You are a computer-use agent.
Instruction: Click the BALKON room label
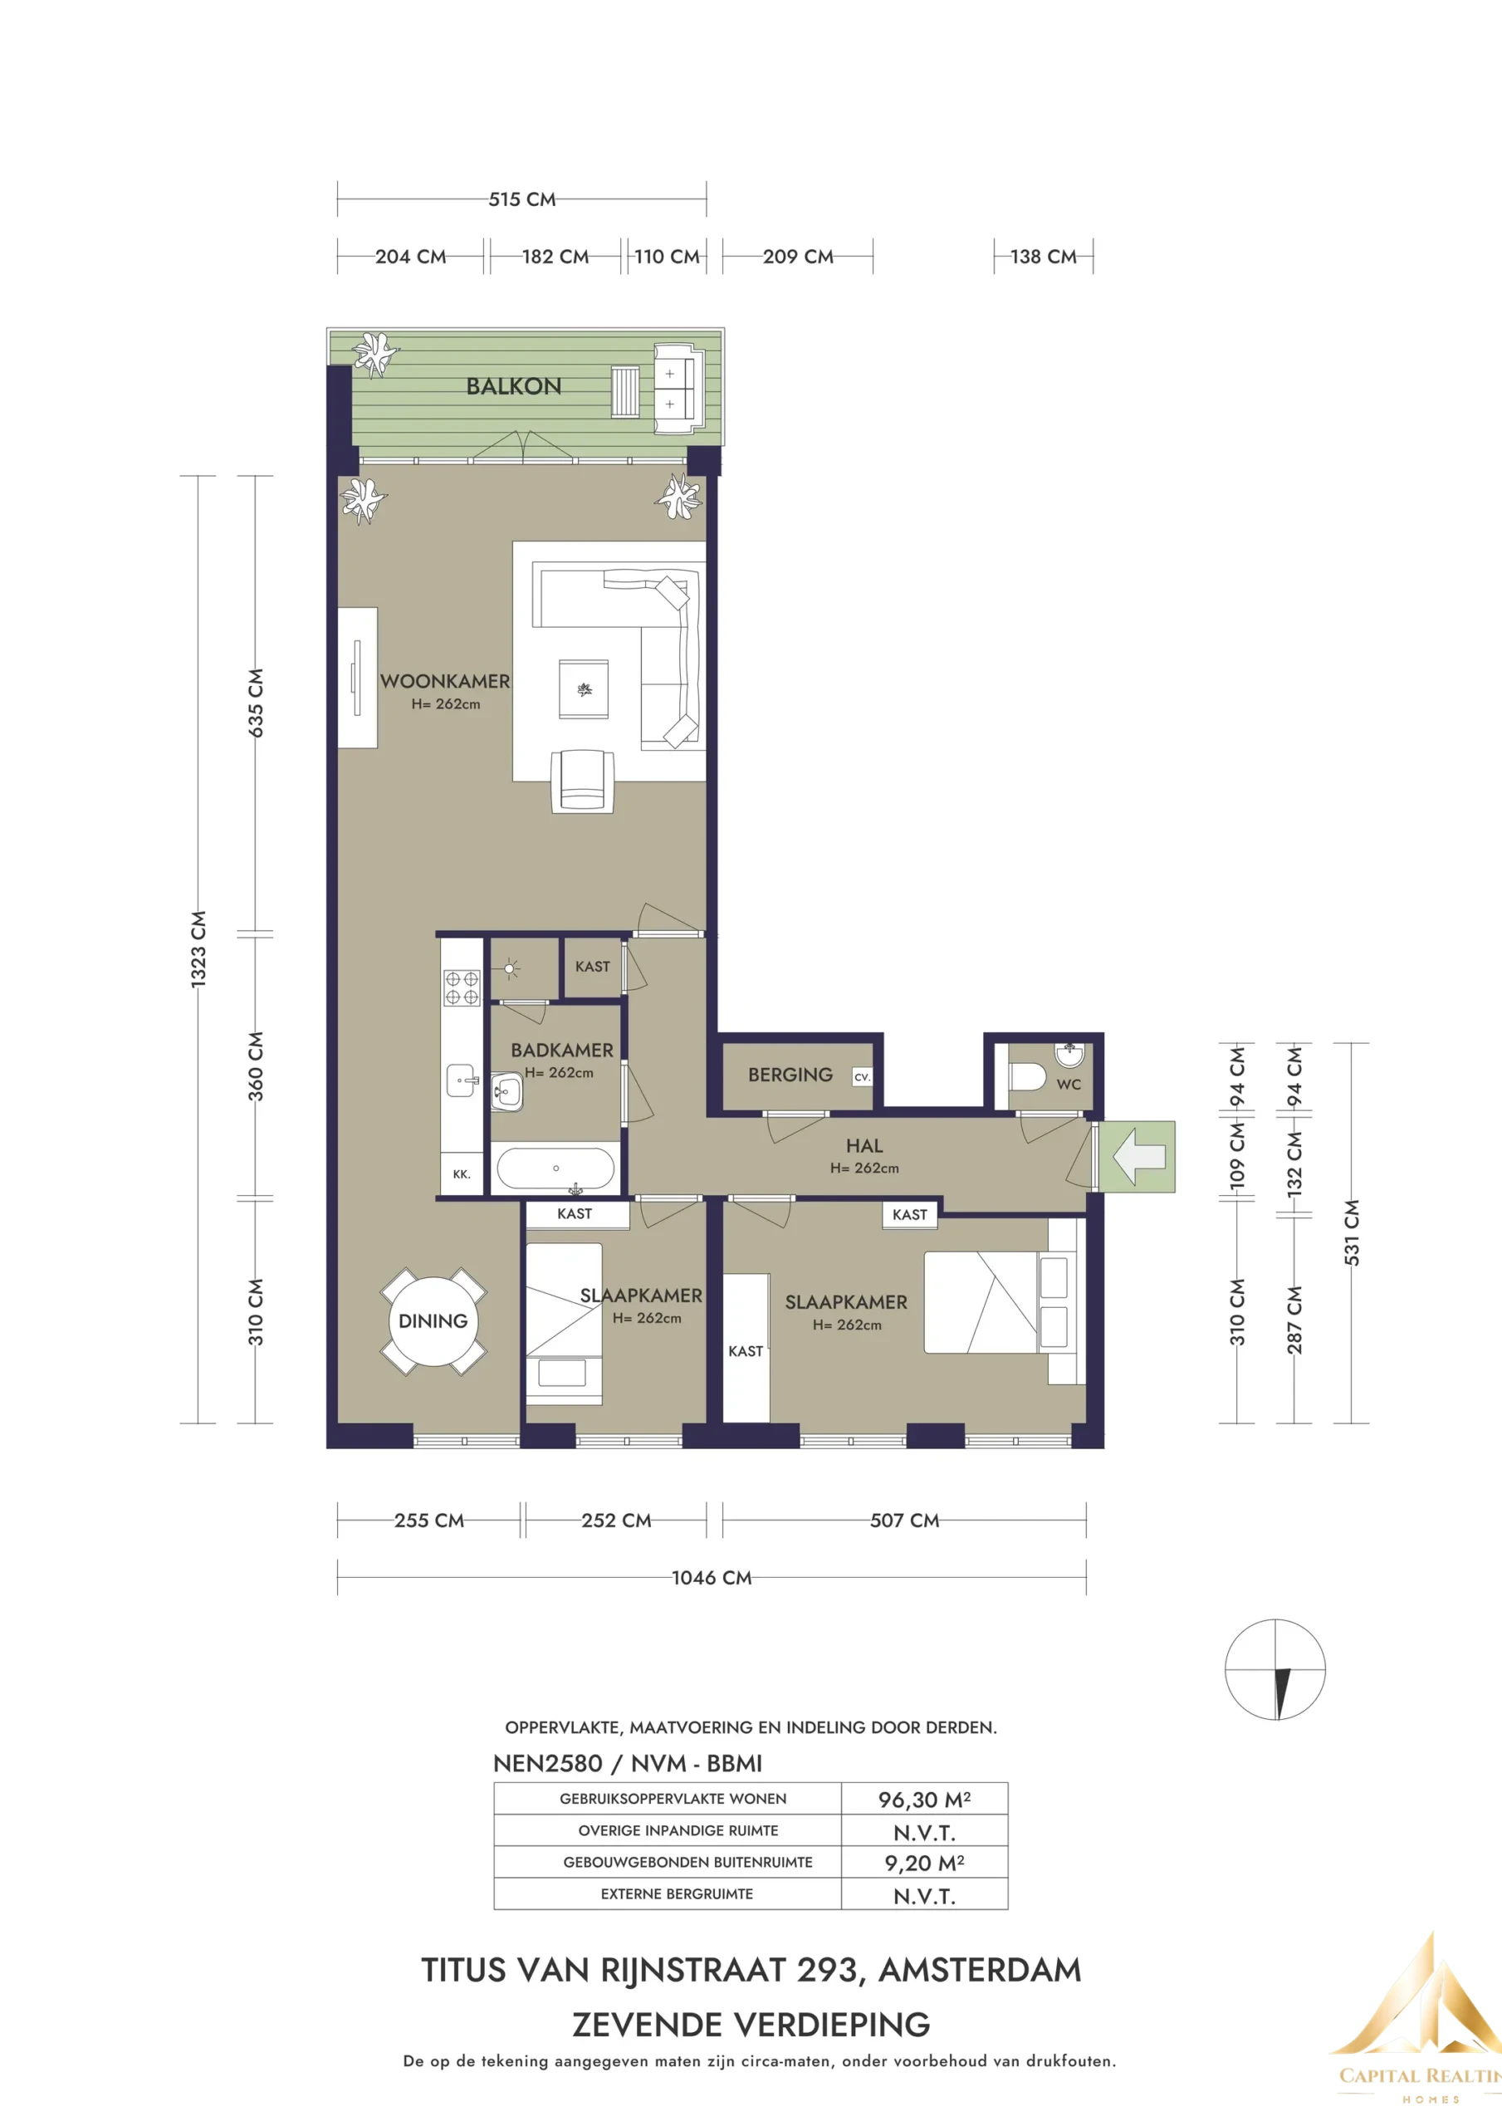click(513, 386)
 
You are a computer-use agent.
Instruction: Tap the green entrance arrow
click(1139, 1157)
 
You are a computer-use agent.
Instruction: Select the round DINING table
click(433, 1320)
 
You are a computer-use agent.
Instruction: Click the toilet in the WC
click(1027, 1077)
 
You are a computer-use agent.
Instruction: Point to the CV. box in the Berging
click(862, 1077)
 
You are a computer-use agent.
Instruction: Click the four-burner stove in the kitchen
click(461, 987)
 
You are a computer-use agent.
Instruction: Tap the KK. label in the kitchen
click(461, 1174)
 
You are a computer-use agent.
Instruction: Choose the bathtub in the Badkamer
click(555, 1169)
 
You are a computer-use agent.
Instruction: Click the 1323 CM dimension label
click(198, 949)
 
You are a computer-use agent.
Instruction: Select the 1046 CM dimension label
click(712, 1577)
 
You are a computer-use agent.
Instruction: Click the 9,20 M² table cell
click(924, 1862)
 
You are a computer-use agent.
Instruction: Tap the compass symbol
click(1275, 1669)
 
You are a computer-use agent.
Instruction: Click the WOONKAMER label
click(444, 681)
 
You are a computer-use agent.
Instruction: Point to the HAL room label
click(864, 1145)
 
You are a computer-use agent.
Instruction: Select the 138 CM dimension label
click(1043, 257)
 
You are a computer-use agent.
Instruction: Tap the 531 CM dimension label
click(1352, 1232)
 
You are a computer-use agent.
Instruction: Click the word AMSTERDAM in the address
click(980, 1970)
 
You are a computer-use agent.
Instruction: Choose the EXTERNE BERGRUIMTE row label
click(677, 1893)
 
